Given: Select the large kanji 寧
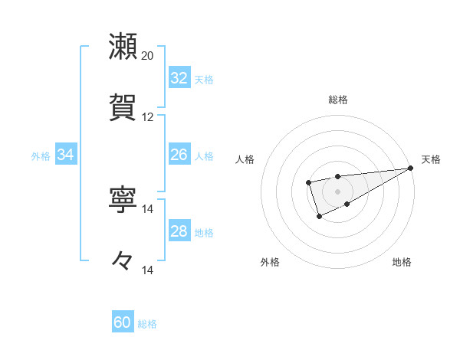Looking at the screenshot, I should pyautogui.click(x=123, y=200).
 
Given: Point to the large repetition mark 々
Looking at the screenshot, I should pyautogui.click(x=123, y=261).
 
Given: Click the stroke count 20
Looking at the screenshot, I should pyautogui.click(x=148, y=56).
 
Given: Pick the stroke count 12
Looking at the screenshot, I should pyautogui.click(x=148, y=117).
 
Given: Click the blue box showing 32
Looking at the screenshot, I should pyautogui.click(x=179, y=77).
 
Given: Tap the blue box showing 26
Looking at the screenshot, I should pyautogui.click(x=179, y=155).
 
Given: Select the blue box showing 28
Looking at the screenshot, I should pyautogui.click(x=179, y=231).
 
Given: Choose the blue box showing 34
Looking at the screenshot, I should pyautogui.click(x=65, y=155).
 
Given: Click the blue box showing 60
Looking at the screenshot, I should pyautogui.click(x=123, y=322).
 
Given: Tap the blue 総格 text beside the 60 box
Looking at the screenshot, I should pyautogui.click(x=147, y=324).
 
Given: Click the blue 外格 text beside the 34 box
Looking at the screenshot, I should pyautogui.click(x=41, y=156).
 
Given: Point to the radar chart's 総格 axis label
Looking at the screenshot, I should pyautogui.click(x=338, y=100).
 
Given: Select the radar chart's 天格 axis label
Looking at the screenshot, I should pyautogui.click(x=431, y=159).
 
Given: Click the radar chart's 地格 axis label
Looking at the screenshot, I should pyautogui.click(x=402, y=263).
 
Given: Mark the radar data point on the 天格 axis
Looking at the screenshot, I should pyautogui.click(x=410, y=168).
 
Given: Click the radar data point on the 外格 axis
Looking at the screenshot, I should pyautogui.click(x=320, y=217).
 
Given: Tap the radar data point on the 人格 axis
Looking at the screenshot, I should pyautogui.click(x=308, y=182).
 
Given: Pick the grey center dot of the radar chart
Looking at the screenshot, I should pyautogui.click(x=338, y=191).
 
